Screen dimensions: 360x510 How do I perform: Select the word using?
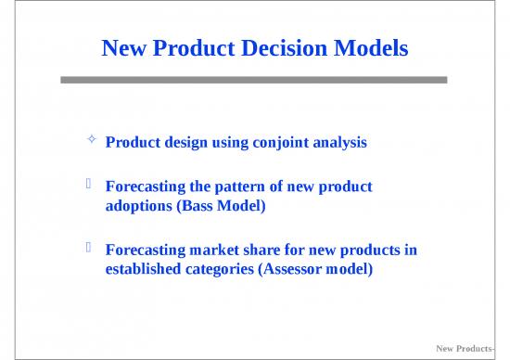[x=225, y=144]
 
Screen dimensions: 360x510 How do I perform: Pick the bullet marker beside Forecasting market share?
[x=90, y=249]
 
